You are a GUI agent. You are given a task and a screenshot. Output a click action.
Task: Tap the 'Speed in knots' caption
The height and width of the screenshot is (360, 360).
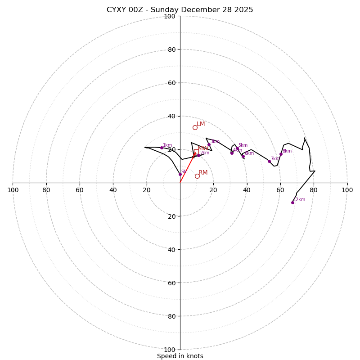180,356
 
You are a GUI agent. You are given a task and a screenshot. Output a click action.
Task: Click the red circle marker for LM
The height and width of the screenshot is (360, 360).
195,127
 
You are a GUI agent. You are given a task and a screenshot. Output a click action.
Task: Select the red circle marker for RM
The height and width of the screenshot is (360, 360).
197,176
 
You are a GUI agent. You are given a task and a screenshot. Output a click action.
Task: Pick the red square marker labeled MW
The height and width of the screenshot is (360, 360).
196,152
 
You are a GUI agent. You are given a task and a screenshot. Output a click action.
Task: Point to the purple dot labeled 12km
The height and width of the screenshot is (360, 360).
292,202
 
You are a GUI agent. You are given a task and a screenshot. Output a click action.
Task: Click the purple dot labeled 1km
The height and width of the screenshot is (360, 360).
162,148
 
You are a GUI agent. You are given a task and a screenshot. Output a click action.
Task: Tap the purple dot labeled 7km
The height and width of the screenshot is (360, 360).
269,161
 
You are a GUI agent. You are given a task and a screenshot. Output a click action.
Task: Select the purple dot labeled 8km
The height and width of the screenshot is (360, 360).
281,154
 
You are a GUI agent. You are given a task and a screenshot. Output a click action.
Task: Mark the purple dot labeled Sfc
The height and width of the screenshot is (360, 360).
180,174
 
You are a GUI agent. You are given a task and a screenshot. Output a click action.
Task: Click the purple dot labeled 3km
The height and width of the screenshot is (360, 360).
209,145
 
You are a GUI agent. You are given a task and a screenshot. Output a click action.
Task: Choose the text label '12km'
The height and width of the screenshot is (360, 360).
299,200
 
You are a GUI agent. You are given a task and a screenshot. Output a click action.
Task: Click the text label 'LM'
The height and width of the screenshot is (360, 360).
201,124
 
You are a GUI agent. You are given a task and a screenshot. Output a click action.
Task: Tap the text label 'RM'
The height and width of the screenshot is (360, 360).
203,173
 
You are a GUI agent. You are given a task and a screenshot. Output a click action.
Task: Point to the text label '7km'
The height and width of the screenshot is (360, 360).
275,159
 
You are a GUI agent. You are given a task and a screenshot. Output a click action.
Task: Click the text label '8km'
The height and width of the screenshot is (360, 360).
287,151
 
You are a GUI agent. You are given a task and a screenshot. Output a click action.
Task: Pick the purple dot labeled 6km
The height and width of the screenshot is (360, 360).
243,156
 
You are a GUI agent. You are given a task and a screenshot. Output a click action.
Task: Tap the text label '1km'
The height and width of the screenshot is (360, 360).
167,145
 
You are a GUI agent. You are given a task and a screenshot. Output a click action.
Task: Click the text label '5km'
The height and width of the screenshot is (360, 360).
243,145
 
